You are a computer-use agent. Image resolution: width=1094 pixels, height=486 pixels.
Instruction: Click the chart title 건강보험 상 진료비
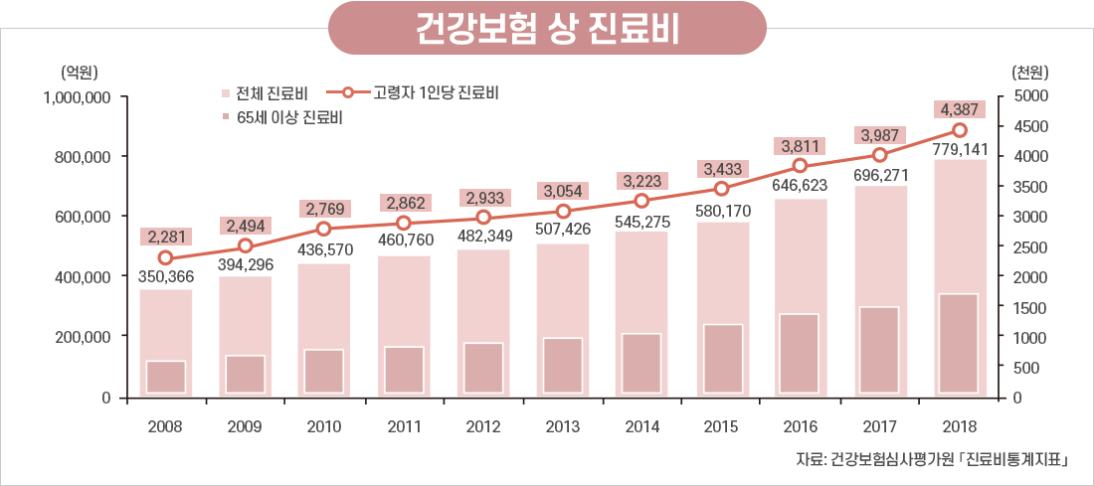tap(547, 28)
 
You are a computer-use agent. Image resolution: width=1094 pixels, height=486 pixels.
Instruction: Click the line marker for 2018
tap(960, 130)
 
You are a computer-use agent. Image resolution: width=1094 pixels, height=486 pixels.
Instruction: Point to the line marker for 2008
tap(165, 258)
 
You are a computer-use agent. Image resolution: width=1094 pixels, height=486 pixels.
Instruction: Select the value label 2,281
tap(165, 237)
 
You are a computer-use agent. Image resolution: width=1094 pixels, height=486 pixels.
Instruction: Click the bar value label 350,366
tap(165, 277)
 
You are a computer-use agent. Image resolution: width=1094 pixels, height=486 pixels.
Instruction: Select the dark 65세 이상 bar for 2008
tap(165, 377)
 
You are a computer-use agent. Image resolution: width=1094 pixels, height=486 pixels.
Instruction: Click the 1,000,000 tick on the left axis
tap(77, 97)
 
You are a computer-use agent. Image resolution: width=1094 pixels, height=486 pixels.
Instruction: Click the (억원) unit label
tap(79, 72)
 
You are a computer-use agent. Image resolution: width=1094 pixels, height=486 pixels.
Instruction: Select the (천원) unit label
tap(1030, 72)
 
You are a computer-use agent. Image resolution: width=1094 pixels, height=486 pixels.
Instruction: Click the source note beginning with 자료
tap(932, 459)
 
